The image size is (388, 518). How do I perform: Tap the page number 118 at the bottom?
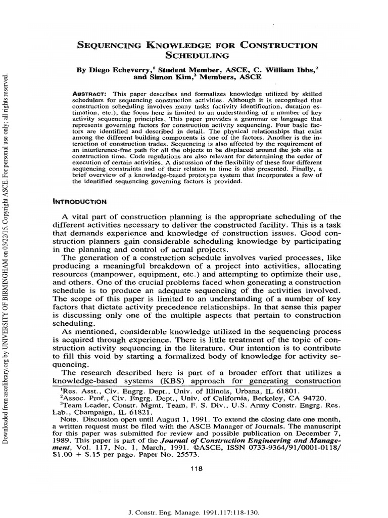pyautogui.click(x=194, y=469)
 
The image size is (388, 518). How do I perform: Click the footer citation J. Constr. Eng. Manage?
pyautogui.click(x=165, y=512)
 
